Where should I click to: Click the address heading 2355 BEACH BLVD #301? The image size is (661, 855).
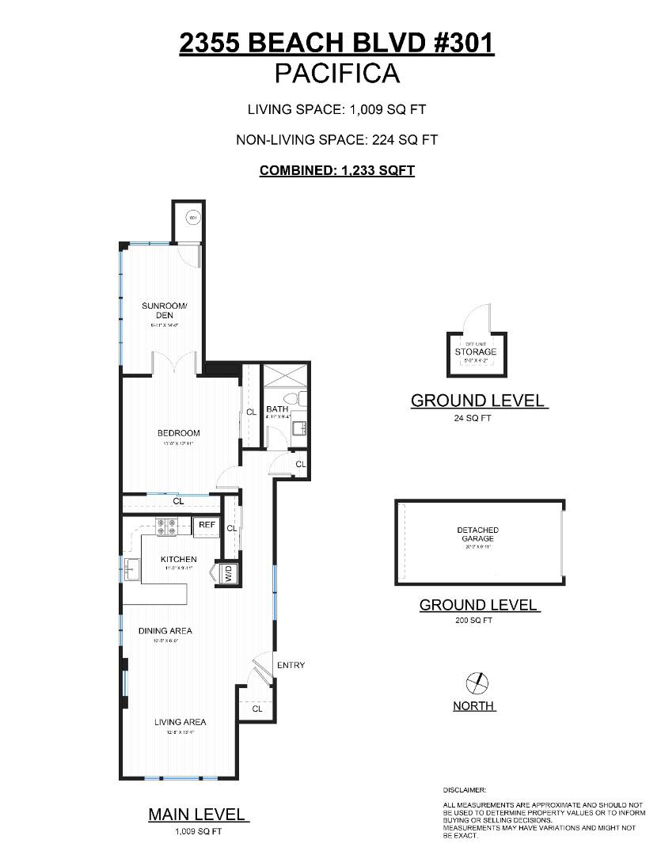(336, 44)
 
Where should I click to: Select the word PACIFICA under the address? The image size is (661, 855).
(336, 74)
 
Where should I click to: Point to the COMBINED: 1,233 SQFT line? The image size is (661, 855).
(336, 170)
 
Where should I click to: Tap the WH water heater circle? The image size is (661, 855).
(192, 217)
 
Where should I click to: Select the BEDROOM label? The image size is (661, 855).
(178, 433)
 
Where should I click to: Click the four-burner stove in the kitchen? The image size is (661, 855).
(169, 527)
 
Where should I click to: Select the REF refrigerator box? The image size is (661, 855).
(207, 525)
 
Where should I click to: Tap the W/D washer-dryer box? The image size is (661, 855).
(228, 574)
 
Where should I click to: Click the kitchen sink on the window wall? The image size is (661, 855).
(131, 567)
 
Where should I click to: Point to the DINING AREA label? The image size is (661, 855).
(165, 631)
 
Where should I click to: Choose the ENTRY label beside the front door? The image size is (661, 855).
(291, 665)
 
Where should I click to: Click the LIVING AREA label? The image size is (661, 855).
(180, 721)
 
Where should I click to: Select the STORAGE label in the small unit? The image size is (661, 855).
(476, 351)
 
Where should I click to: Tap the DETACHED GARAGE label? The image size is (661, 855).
(477, 534)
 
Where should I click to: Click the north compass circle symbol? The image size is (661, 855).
(475, 681)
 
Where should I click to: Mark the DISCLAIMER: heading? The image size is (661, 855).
(465, 790)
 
